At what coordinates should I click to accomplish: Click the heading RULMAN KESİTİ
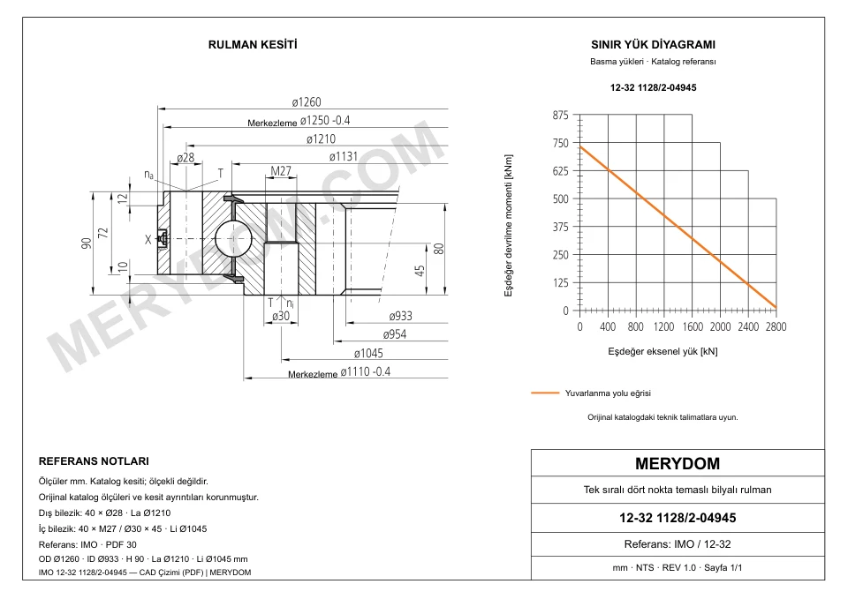253,45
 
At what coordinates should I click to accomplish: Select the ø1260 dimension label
307,102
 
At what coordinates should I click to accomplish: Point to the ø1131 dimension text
344,157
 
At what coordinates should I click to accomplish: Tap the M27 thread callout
281,171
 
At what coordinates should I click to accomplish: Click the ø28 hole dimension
185,158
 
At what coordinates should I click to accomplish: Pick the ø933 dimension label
400,316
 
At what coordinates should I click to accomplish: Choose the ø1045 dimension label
368,353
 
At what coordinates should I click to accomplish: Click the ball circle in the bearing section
233,239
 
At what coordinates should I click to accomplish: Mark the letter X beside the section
148,239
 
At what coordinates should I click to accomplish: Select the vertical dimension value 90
87,243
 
